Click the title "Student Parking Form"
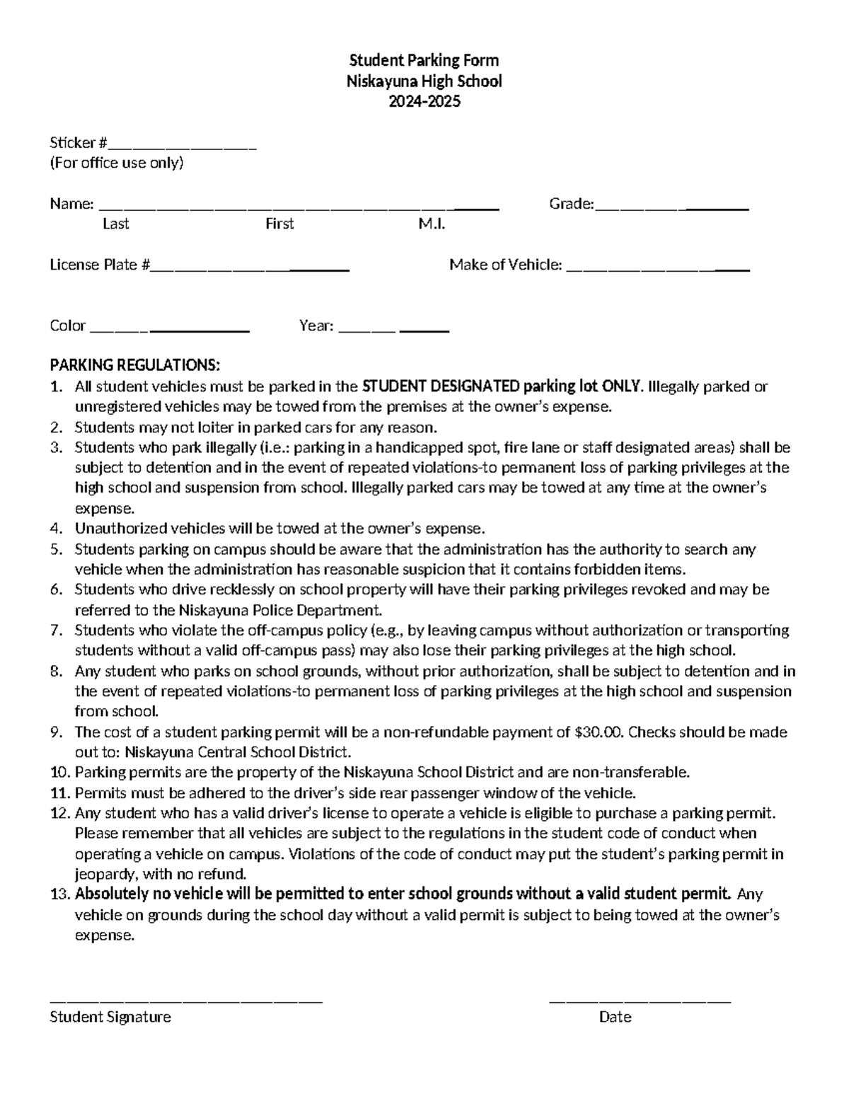424,60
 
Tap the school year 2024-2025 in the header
424,101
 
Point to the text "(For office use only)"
116,163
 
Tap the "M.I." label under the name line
432,224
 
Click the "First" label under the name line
279,224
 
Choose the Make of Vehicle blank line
658,269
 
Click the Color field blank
170,330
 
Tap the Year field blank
394,330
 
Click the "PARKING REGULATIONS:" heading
135,365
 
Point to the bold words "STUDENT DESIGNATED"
440,386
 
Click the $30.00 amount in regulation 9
598,732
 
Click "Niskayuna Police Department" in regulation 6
279,610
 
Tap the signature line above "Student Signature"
186,1000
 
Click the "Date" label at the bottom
615,1018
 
